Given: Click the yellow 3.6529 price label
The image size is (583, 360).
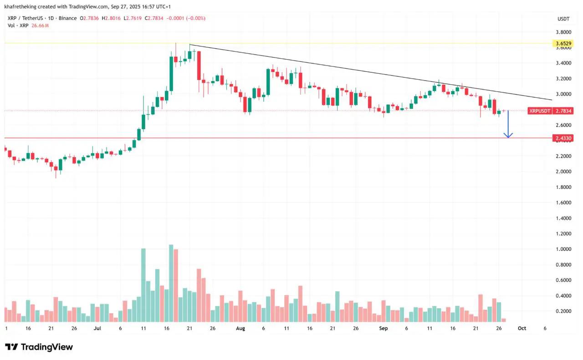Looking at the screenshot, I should point(563,44).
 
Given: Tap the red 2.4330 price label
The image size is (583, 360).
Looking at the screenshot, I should point(563,138).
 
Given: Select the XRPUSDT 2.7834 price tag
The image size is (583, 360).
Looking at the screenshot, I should point(550,111).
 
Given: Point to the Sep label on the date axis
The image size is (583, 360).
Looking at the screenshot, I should point(384,328).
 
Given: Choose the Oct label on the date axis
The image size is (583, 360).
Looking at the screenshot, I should point(522,328).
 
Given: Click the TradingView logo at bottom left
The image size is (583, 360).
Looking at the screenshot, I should point(39,347).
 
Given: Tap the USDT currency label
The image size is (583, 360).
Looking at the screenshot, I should point(563,19).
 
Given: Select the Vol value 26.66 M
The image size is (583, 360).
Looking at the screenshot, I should point(40,25).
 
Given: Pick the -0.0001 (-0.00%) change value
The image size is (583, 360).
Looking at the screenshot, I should point(186,18).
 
